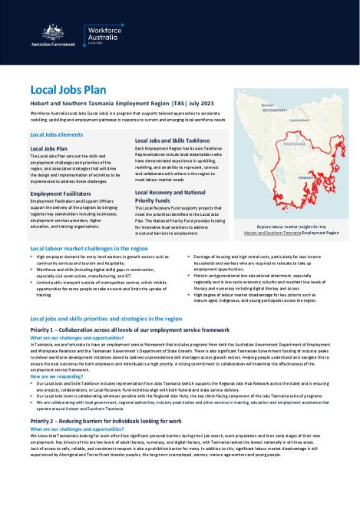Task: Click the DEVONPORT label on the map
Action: (275, 111)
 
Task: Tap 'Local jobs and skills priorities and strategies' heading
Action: (104, 316)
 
